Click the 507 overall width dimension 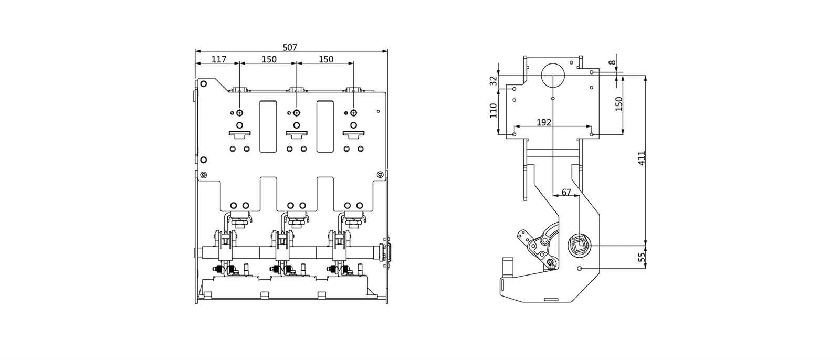click(290, 48)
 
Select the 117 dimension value click(219, 59)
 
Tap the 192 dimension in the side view click(544, 122)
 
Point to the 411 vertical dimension click(642, 158)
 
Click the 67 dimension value click(566, 193)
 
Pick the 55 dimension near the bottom click(642, 257)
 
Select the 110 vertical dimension click(493, 110)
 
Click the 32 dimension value click(493, 81)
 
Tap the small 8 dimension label click(612, 62)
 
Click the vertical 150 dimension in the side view click(619, 104)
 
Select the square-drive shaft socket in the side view click(580, 246)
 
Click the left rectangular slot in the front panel click(268, 126)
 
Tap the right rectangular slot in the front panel click(325, 126)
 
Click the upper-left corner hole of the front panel click(204, 83)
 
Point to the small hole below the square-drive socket click(580, 269)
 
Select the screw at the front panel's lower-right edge click(380, 174)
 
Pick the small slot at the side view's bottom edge click(551, 299)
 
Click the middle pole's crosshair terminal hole click(297, 113)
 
